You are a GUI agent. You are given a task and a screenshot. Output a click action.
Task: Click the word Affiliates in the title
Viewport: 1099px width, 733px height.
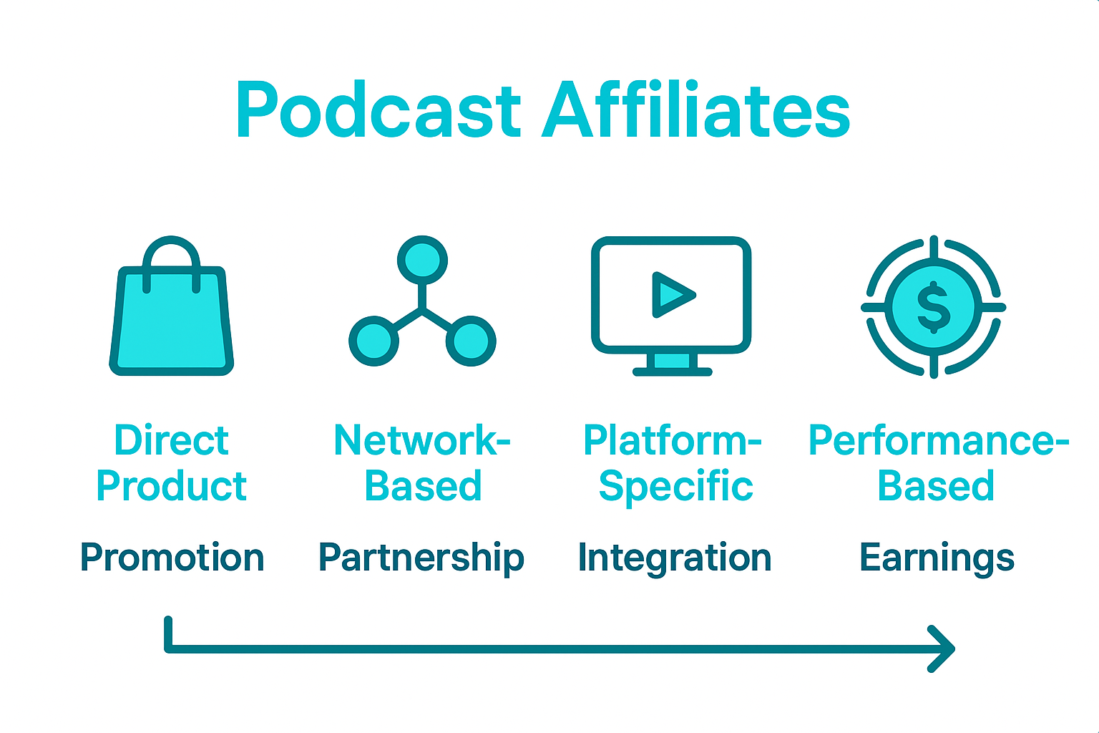[695, 111]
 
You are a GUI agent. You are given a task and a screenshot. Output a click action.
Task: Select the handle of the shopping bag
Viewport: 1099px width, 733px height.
[171, 251]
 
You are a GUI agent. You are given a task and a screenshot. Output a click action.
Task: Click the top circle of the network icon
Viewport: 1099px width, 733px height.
[422, 260]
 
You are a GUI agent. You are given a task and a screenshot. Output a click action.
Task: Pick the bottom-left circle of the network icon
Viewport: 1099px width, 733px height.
[373, 341]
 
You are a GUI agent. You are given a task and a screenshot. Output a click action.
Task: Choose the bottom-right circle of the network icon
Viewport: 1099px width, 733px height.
[471, 341]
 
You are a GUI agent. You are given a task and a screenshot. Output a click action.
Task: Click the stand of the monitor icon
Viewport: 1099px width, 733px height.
[672, 364]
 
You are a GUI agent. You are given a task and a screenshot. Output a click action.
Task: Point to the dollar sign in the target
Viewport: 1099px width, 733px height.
[933, 307]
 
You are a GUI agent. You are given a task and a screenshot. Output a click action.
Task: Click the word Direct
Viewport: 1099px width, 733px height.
[171, 440]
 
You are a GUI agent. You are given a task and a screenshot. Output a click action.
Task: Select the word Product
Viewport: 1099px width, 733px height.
[171, 487]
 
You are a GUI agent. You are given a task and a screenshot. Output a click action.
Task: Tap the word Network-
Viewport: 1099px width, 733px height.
[421, 440]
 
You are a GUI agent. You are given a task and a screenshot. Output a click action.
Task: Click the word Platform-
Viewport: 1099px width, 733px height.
[672, 440]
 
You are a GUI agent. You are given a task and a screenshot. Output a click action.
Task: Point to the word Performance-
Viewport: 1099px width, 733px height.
[938, 440]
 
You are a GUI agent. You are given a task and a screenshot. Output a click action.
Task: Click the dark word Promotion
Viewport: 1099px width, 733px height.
[172, 558]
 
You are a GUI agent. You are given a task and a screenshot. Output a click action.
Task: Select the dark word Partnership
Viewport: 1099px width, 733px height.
[421, 558]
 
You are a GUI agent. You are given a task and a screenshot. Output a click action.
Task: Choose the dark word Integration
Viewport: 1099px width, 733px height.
[674, 558]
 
